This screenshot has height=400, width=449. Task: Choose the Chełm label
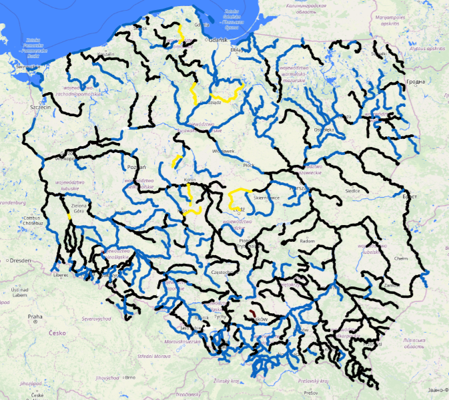401,258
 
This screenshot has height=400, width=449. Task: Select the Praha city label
35,316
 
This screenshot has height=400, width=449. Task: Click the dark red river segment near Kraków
254,313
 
